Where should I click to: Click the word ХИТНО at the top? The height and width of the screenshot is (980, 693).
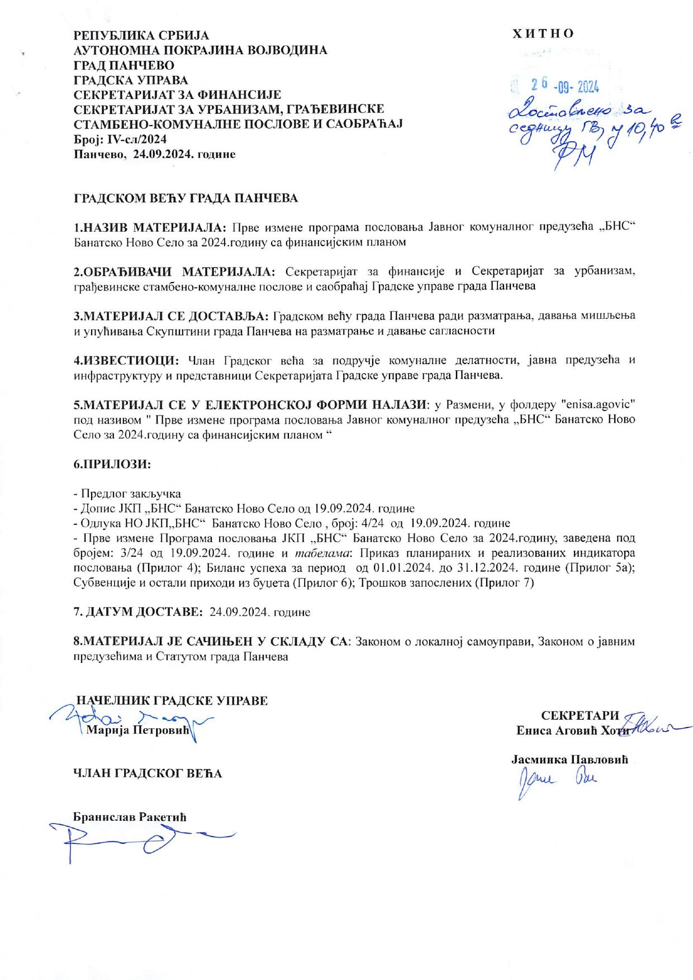[543, 34]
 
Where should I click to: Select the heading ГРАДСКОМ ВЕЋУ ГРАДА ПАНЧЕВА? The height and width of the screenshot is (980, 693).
[186, 198]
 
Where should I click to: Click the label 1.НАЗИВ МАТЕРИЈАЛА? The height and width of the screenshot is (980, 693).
[150, 228]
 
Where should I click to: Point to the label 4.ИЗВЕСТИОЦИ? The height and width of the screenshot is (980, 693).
[127, 360]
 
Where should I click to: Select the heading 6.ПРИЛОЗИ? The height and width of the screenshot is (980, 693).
[112, 464]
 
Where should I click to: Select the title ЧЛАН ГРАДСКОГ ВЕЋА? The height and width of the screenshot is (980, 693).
[148, 773]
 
